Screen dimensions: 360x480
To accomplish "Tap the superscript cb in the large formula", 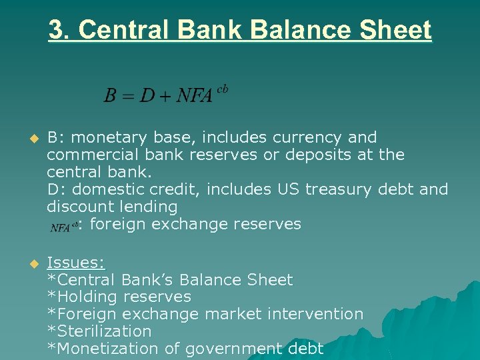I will click(x=223, y=89).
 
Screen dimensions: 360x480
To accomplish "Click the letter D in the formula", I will click(x=147, y=96).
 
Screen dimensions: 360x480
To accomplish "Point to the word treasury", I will click(x=336, y=190).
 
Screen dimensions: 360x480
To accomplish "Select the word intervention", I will click(x=318, y=314).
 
